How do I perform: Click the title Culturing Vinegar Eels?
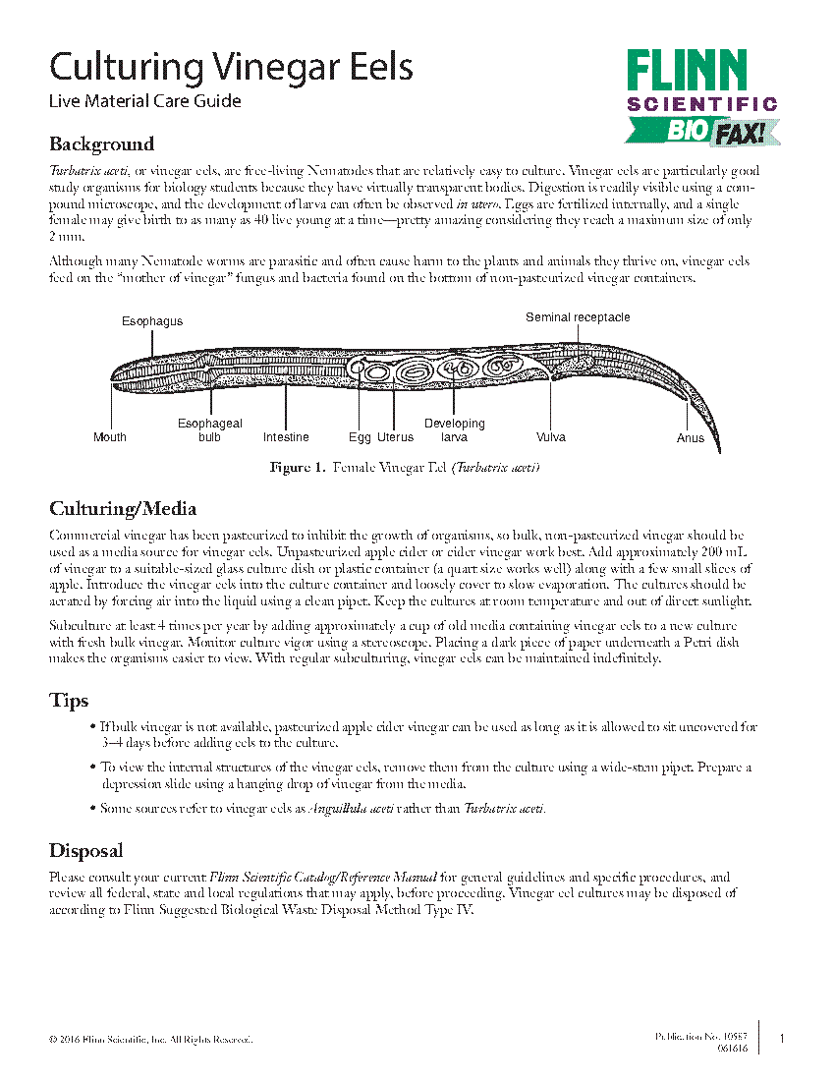tap(231, 68)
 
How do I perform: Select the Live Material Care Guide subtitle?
tap(144, 101)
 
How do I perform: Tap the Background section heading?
tap(101, 144)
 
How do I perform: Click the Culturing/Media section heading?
tap(123, 509)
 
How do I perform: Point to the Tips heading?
tap(69, 701)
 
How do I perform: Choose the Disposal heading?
tap(85, 851)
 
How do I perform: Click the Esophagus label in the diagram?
tap(152, 321)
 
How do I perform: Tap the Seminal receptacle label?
tap(578, 317)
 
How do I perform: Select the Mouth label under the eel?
tap(110, 437)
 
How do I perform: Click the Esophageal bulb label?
tap(209, 430)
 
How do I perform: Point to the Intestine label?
tap(286, 437)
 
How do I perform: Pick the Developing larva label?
tap(454, 430)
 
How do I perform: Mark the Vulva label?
tap(551, 437)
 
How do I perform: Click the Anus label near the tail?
tap(691, 438)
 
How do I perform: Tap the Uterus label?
tap(395, 437)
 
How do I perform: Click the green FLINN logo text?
tap(688, 73)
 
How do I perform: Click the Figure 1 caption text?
tap(405, 468)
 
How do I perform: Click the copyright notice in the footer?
tap(150, 1040)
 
